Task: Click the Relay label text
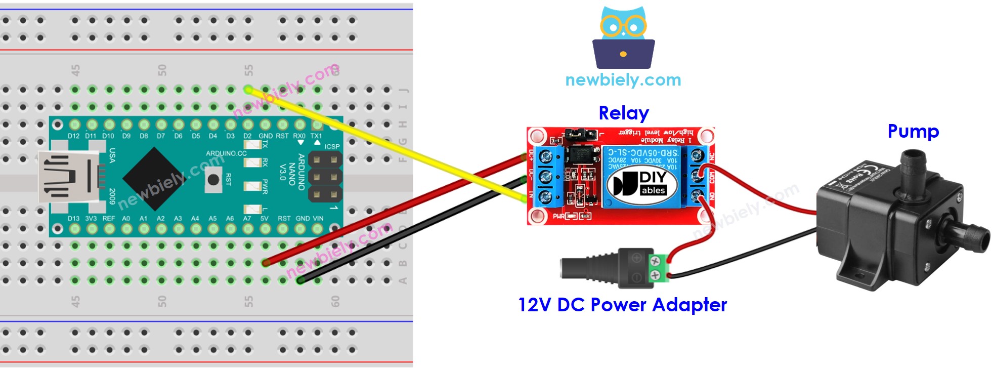623,113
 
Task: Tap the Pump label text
913,131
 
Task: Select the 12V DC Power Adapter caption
622,305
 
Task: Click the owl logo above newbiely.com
623,38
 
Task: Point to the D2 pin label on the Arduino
247,136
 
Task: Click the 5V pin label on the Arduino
265,219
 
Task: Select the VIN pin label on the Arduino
318,219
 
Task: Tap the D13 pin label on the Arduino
74,219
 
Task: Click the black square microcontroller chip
154,178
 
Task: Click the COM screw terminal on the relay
698,176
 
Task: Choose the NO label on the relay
712,196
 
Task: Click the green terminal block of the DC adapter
656,268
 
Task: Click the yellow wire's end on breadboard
248,90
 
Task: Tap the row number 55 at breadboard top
248,70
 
